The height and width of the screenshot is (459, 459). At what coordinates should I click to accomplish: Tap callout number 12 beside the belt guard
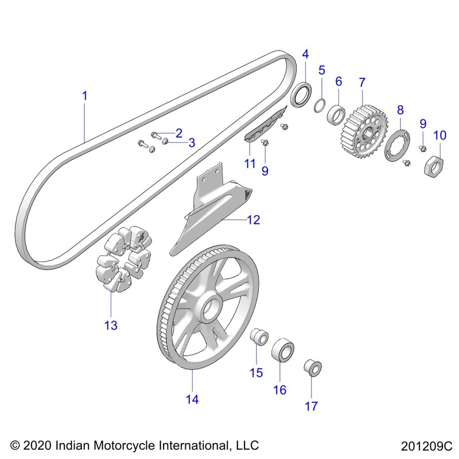click(x=253, y=219)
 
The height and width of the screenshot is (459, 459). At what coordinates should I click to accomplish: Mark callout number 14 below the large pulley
click(x=192, y=399)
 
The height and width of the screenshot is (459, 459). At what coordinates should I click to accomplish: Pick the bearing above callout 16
click(x=281, y=350)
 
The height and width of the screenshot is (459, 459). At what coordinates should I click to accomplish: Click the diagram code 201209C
click(x=427, y=445)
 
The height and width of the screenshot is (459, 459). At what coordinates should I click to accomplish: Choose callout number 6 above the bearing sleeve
click(x=339, y=81)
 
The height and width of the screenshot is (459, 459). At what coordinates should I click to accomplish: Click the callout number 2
click(x=178, y=133)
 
